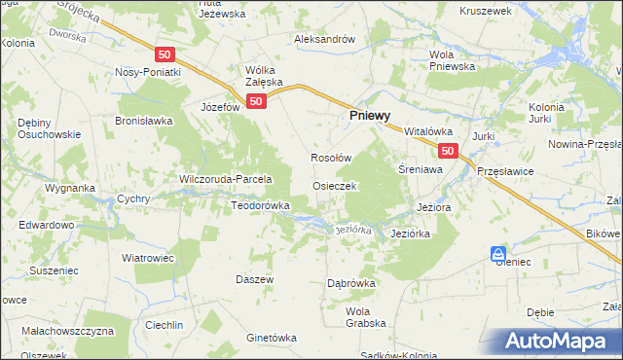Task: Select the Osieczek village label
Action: [x=335, y=185]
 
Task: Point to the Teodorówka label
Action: [x=260, y=206]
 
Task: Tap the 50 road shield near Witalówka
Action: [x=447, y=151]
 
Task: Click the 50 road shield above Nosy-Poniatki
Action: [x=165, y=54]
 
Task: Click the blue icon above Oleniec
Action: [x=498, y=251]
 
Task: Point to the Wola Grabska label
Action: [x=366, y=317]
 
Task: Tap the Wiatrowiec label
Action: [x=146, y=258]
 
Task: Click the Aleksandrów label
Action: [x=325, y=40]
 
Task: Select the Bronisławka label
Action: [x=143, y=122]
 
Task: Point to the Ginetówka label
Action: [x=271, y=338]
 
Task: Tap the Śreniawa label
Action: [x=421, y=168]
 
